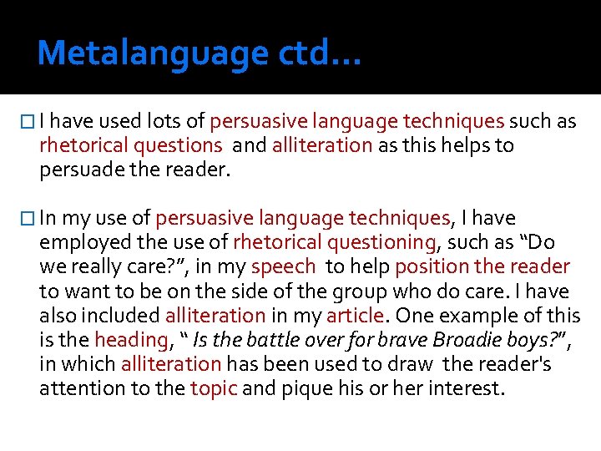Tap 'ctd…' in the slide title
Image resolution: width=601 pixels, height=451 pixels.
click(316, 53)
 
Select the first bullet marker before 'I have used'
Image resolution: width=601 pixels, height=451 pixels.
click(29, 122)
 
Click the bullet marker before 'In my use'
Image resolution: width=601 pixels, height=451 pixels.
click(29, 219)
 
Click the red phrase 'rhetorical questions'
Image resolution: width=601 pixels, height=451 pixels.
click(130, 146)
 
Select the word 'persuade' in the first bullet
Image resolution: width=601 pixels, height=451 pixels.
click(74, 170)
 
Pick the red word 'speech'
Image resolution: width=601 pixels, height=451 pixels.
click(284, 267)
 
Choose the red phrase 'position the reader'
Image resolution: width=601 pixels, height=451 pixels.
click(482, 267)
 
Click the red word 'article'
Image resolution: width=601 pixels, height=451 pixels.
click(354, 316)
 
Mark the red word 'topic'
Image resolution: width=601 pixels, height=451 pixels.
click(213, 388)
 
